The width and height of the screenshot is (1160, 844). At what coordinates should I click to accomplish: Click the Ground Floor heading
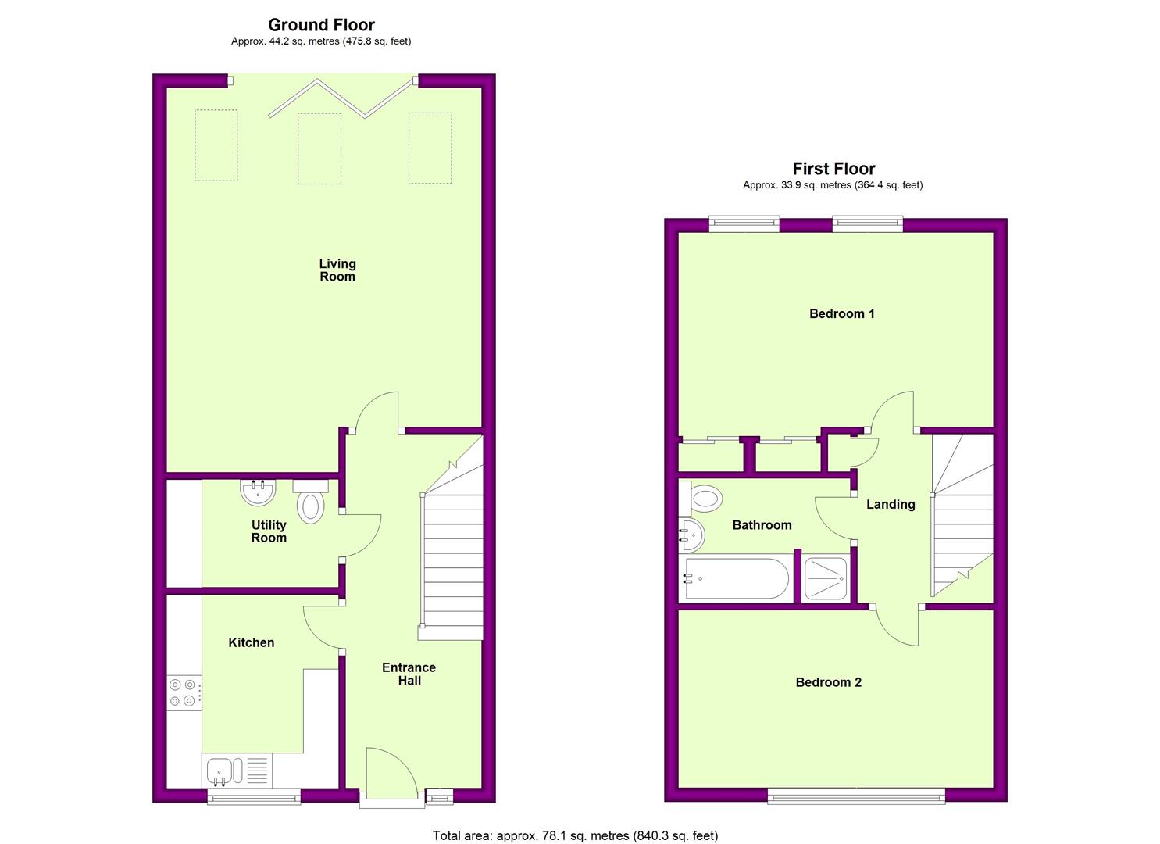coord(321,25)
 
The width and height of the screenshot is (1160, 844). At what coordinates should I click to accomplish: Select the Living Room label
coord(337,270)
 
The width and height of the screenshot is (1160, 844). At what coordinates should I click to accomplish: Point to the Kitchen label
coord(252,642)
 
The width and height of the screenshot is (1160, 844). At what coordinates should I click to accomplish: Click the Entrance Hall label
coord(409,674)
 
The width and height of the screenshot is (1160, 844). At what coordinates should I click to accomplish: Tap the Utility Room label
coord(269,531)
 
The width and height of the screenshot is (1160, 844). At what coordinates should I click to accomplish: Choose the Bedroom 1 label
coord(842,313)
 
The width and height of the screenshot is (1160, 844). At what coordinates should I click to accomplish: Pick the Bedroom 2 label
coord(829,682)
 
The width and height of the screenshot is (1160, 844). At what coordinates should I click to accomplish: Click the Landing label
coord(891,504)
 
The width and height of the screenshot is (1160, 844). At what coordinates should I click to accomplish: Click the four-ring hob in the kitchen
coord(184,692)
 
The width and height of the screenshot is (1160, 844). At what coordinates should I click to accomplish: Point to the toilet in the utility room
coord(310,501)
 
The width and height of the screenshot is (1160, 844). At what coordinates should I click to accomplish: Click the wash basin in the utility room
coord(258,492)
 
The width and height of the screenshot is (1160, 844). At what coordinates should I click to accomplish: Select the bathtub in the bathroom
coord(736,578)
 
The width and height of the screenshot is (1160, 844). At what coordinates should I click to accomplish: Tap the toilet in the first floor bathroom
coord(701,499)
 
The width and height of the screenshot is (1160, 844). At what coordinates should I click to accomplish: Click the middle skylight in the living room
coord(319,148)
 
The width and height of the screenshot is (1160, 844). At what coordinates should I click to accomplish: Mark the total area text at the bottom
coord(576,821)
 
